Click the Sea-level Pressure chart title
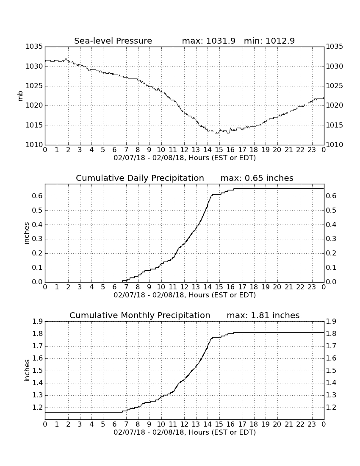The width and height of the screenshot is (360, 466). [x=113, y=41]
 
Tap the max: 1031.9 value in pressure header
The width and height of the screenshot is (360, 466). [x=208, y=41]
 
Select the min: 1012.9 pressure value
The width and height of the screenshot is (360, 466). [x=269, y=41]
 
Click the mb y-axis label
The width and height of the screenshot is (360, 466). [x=20, y=96]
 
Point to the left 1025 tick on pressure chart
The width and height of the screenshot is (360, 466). [x=34, y=86]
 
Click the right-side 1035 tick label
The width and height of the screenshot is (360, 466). [x=335, y=46]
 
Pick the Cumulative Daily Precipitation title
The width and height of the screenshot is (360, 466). [x=140, y=178]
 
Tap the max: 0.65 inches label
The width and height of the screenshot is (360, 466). [x=257, y=178]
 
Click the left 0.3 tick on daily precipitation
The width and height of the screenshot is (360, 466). [x=37, y=239]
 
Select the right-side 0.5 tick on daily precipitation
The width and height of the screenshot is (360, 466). [x=331, y=211]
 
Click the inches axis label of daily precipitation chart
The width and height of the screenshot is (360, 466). [x=27, y=233]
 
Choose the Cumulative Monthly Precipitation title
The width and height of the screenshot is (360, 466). [x=140, y=315]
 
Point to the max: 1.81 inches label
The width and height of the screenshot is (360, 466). [x=263, y=315]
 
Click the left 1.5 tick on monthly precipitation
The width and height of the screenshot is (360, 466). [x=37, y=371]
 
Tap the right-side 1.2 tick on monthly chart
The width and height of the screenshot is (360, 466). [x=331, y=408]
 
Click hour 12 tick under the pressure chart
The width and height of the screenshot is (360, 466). [x=184, y=150]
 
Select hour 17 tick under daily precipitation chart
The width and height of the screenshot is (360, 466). [x=242, y=287]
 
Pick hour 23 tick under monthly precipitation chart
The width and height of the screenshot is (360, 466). [x=312, y=424]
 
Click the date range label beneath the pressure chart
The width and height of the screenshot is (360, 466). [x=185, y=158]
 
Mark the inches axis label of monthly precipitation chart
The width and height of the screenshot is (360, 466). [x=27, y=371]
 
